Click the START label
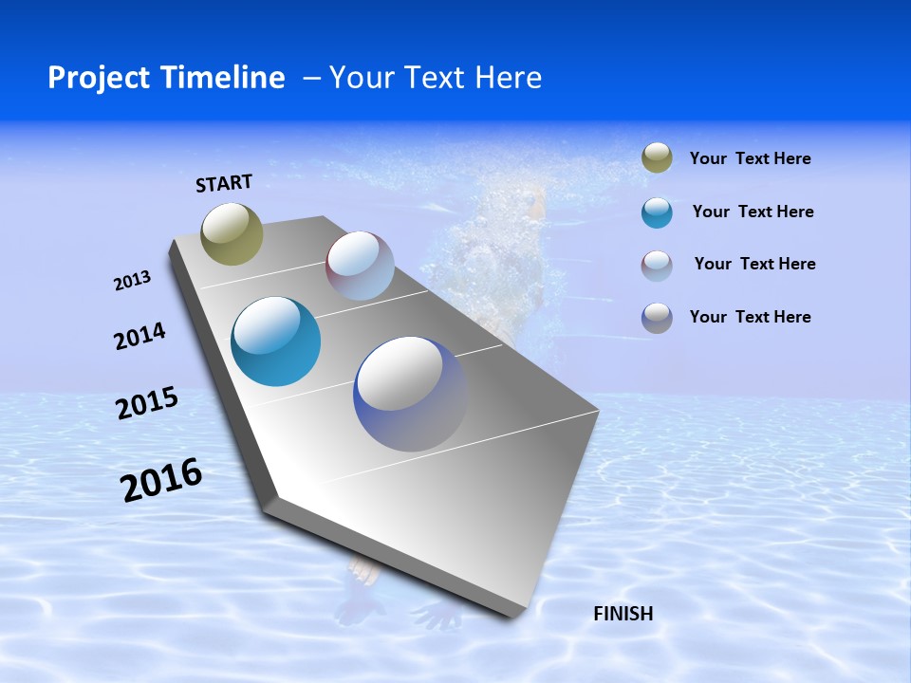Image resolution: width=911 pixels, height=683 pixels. click(x=224, y=183)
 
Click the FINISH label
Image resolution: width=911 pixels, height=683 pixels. click(x=623, y=614)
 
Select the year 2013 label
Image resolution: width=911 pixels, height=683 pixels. click(x=132, y=281)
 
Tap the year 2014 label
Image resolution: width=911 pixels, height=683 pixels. click(x=139, y=336)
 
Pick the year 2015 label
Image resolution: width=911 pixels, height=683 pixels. click(x=146, y=403)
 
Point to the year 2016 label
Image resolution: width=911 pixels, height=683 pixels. click(x=161, y=480)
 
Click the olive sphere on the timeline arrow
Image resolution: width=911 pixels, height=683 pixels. click(x=232, y=233)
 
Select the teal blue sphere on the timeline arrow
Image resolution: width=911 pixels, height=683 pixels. click(x=275, y=341)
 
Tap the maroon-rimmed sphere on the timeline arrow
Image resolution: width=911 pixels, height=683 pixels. click(x=360, y=266)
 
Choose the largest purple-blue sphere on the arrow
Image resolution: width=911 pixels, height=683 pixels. click(x=411, y=394)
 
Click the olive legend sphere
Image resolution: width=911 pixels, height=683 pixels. click(x=657, y=158)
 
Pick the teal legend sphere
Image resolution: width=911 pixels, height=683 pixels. click(x=657, y=212)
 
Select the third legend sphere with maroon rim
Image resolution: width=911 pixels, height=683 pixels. click(x=657, y=266)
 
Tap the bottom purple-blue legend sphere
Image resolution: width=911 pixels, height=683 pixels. click(x=657, y=318)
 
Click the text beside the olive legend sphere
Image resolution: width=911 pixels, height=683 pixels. click(x=750, y=159)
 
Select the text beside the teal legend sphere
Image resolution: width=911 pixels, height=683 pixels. click(x=753, y=212)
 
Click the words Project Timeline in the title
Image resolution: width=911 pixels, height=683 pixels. click(x=166, y=78)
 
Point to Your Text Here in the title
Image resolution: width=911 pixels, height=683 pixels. click(x=435, y=78)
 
